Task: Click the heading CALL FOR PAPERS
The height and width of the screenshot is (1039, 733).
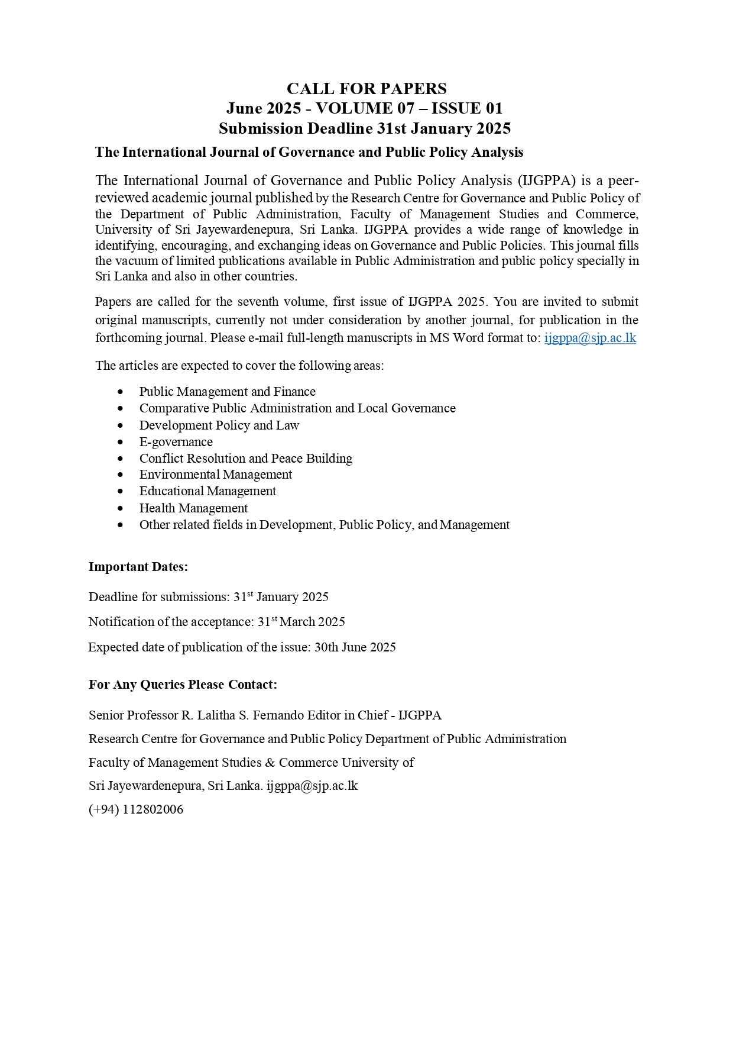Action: (367, 89)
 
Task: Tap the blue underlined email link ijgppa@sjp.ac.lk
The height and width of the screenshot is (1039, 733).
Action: (590, 338)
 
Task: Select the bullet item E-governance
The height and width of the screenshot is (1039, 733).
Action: (176, 442)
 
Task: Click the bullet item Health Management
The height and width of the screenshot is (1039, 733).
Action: (193, 508)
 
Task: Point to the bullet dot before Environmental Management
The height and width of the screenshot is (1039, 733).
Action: (121, 475)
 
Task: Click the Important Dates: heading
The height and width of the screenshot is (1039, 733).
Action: (138, 567)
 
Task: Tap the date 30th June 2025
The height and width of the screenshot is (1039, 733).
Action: (355, 647)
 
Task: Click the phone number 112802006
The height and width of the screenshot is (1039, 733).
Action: (153, 809)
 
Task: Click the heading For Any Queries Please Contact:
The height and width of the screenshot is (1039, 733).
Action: (183, 685)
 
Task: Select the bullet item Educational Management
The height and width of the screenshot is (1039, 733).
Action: (207, 492)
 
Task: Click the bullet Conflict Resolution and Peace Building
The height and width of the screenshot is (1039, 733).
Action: (245, 459)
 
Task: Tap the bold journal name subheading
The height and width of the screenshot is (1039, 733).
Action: (309, 153)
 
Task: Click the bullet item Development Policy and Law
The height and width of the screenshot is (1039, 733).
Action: (219, 425)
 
